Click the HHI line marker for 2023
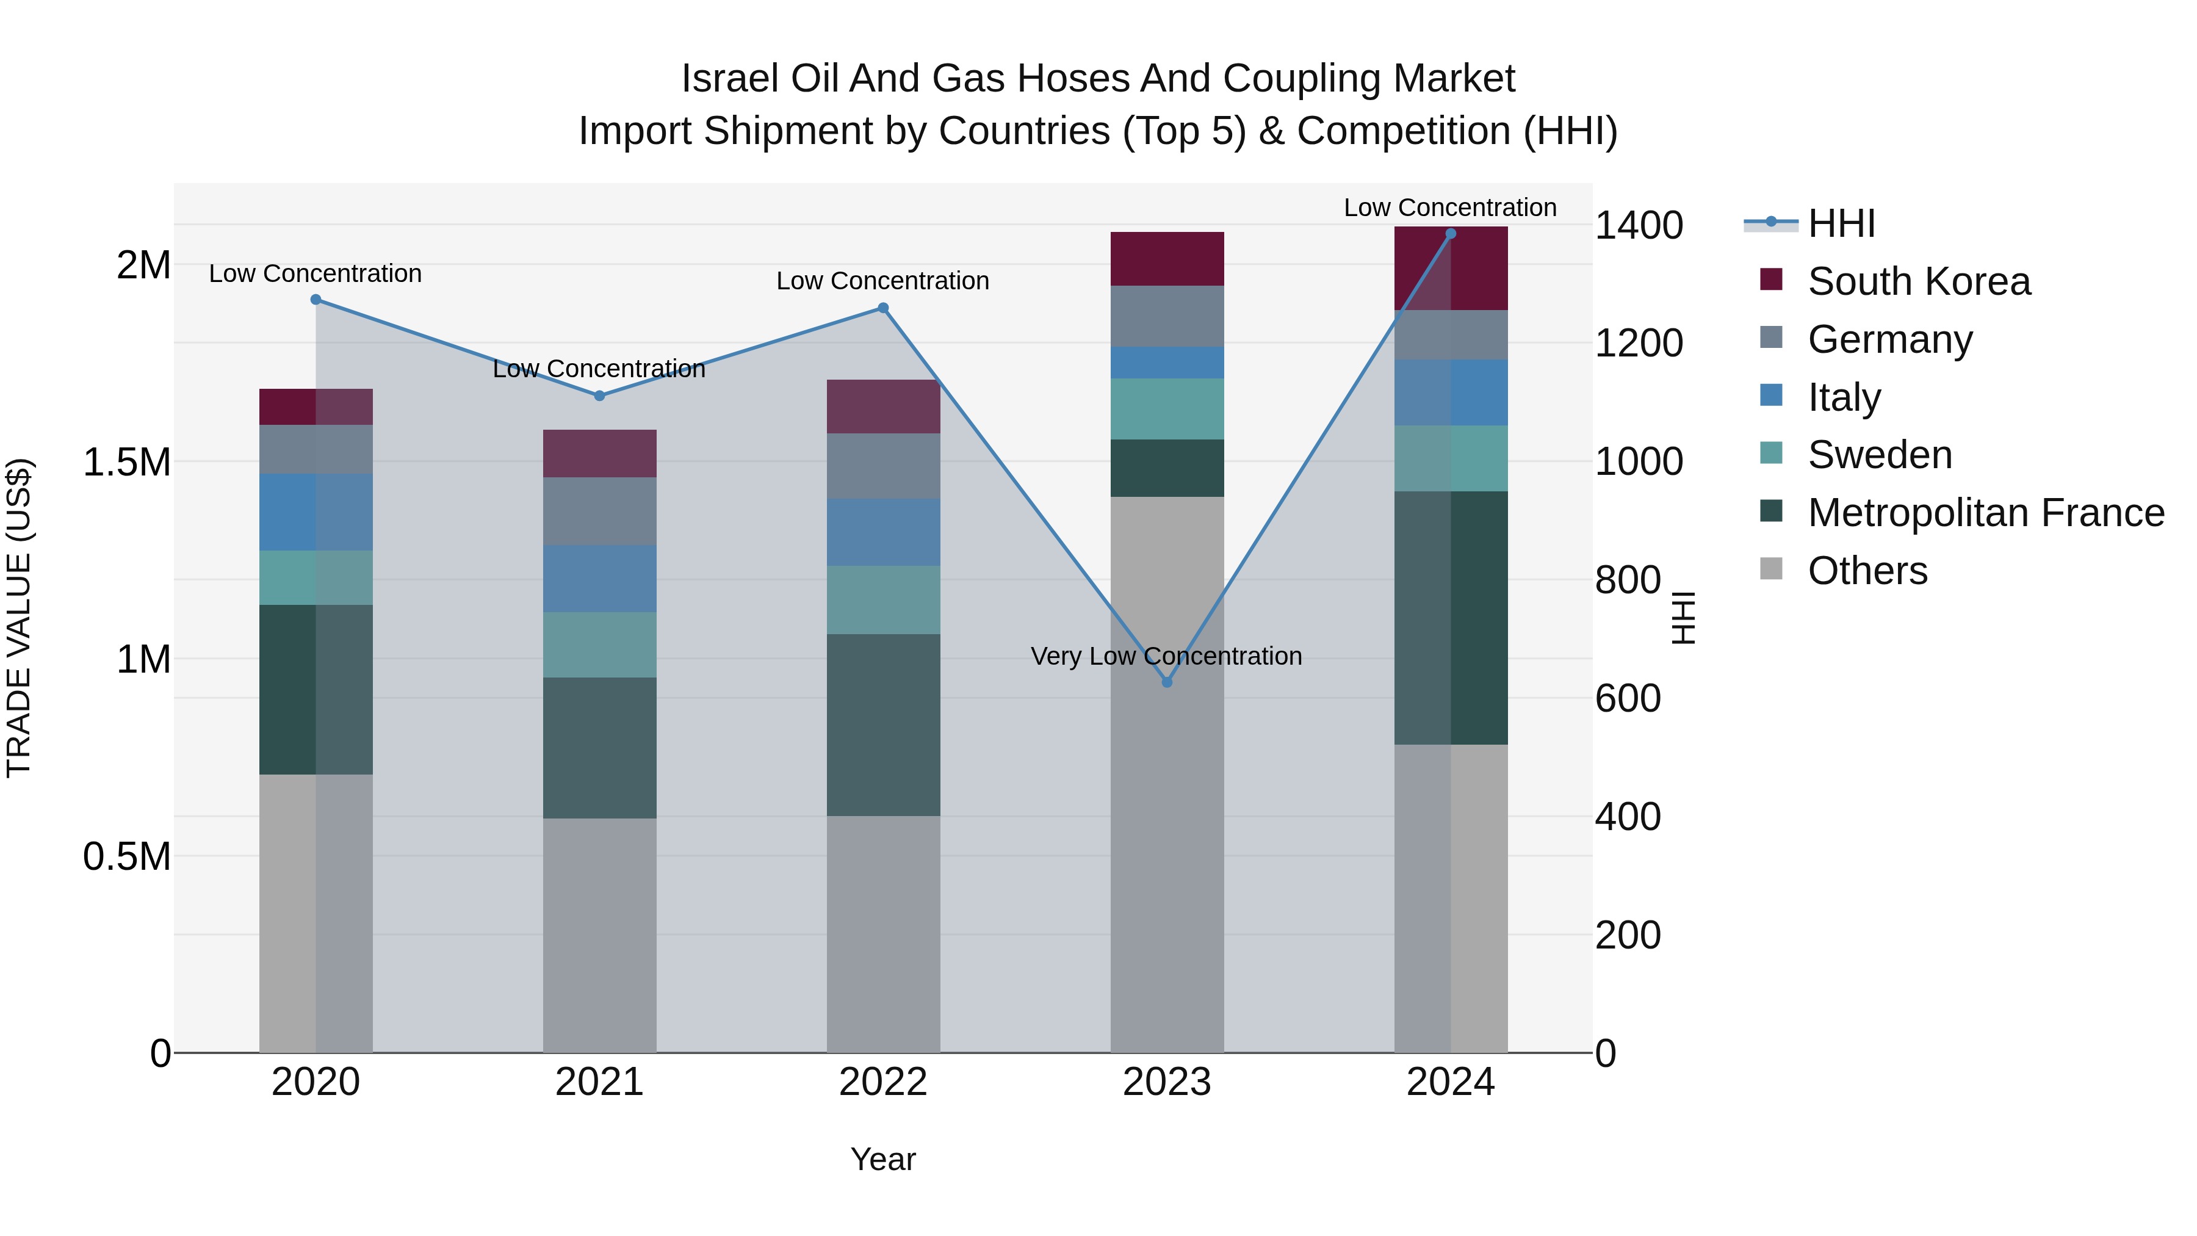(x=1167, y=682)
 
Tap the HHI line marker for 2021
(x=599, y=396)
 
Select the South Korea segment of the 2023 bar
(x=1167, y=258)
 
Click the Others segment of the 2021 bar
(x=599, y=935)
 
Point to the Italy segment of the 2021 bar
(x=599, y=579)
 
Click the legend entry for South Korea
(x=1918, y=281)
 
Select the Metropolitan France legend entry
(x=1985, y=513)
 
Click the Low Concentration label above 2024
(x=1450, y=208)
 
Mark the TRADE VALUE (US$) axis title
(x=19, y=618)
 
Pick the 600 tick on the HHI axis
(x=1627, y=699)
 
